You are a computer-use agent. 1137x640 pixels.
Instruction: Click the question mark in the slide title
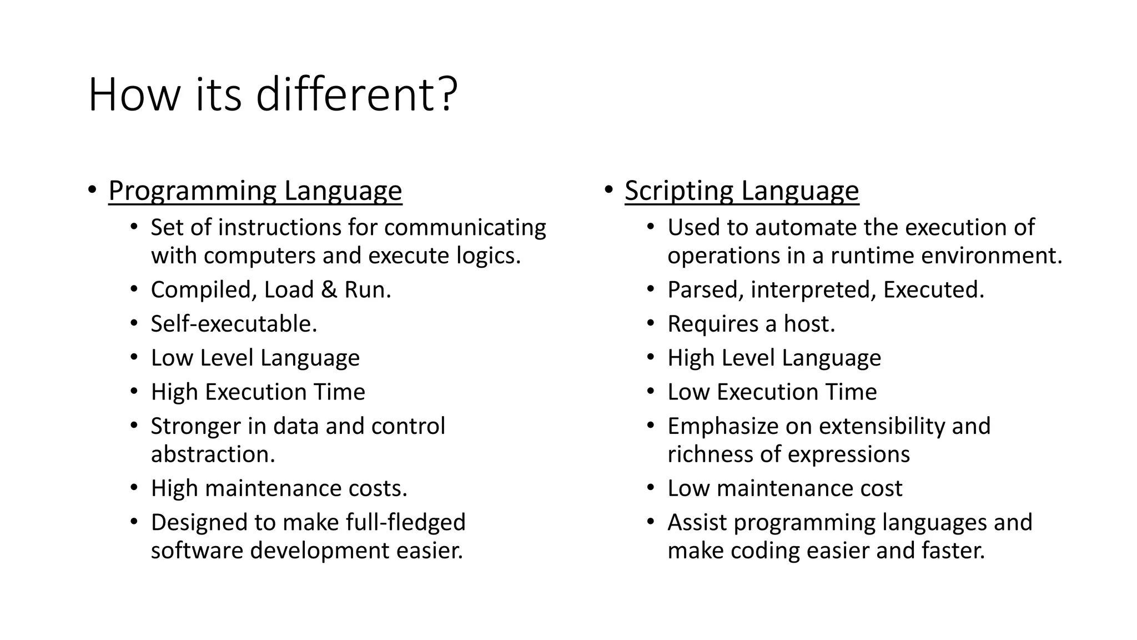(x=447, y=94)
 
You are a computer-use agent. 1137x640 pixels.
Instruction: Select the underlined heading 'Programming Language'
(x=255, y=191)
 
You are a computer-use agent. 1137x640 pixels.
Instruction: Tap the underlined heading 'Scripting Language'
(x=742, y=191)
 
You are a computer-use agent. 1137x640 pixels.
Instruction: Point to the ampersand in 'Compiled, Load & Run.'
(x=329, y=290)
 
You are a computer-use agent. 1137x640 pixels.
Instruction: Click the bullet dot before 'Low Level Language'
(x=134, y=358)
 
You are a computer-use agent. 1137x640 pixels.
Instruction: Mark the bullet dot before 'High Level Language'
(x=651, y=358)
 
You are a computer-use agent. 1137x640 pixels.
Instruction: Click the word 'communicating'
(x=465, y=228)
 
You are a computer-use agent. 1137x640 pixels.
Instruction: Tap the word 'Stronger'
(x=195, y=426)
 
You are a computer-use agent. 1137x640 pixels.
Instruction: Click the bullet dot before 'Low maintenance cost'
(x=651, y=488)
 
